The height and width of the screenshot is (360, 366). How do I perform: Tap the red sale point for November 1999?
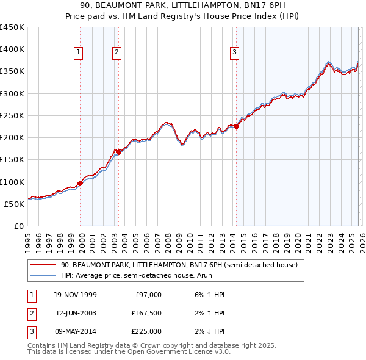click(x=80, y=182)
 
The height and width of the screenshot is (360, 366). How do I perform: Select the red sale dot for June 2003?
click(x=118, y=152)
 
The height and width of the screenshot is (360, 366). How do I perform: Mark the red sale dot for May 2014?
click(x=236, y=126)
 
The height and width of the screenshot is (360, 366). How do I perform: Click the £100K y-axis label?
click(x=12, y=182)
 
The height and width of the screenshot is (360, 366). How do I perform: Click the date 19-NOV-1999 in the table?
click(x=75, y=295)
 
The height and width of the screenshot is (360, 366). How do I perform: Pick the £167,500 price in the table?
click(x=146, y=313)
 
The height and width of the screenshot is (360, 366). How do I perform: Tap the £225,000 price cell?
click(x=146, y=331)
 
